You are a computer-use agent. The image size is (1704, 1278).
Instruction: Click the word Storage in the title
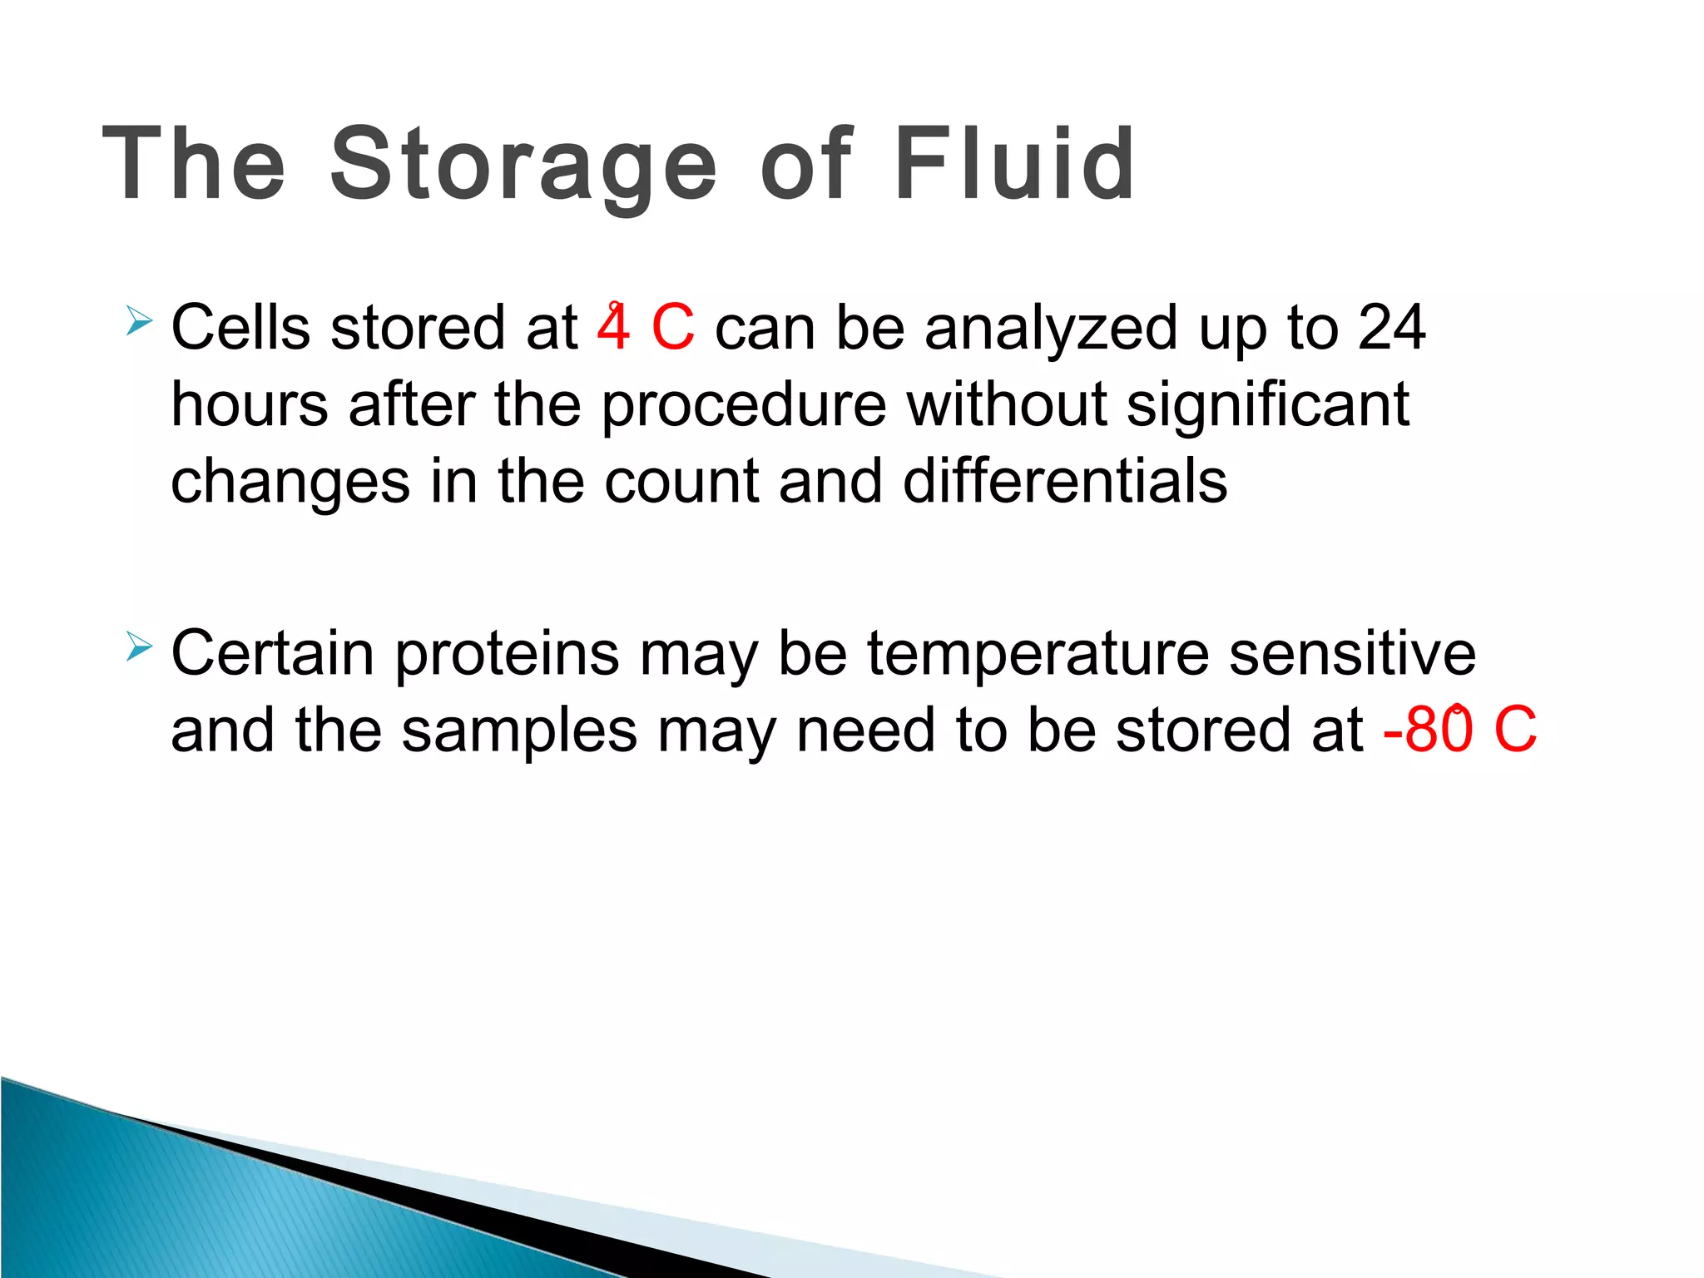(523, 164)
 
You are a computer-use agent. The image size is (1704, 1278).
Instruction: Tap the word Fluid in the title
(1013, 164)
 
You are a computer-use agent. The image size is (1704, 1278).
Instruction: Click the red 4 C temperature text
(646, 327)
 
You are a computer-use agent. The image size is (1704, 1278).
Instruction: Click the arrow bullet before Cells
(139, 320)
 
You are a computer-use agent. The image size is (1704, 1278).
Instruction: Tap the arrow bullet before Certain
(139, 646)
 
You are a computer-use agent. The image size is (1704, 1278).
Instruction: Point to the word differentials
(1064, 481)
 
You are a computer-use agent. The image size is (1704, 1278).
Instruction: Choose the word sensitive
(1352, 653)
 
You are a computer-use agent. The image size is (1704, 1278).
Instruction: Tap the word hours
(250, 404)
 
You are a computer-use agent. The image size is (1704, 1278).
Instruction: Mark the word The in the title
(193, 164)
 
